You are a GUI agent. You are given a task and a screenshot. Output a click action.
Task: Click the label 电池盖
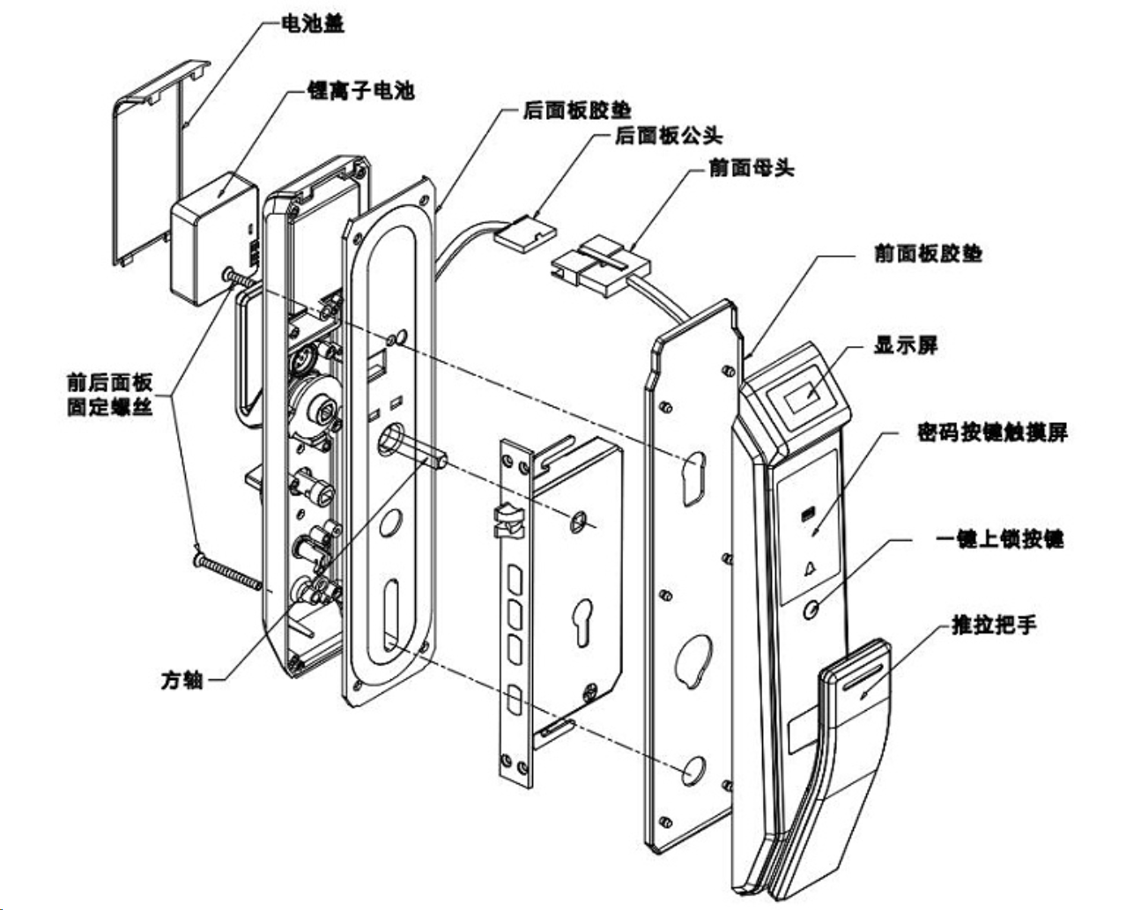(312, 24)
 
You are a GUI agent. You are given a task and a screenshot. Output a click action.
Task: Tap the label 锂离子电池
(361, 91)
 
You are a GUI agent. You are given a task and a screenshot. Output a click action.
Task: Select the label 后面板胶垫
(577, 110)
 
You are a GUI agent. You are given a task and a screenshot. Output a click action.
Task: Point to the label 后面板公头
(669, 136)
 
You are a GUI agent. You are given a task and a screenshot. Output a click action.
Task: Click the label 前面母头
(752, 168)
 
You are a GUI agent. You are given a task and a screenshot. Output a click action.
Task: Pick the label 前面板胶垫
(929, 254)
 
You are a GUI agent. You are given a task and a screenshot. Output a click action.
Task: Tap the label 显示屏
(906, 345)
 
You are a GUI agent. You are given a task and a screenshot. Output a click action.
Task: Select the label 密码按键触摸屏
(993, 433)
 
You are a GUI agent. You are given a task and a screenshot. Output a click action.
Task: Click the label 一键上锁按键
(1000, 539)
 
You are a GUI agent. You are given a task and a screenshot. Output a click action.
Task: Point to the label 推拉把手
(994, 625)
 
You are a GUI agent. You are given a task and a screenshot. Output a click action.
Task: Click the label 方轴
(182, 680)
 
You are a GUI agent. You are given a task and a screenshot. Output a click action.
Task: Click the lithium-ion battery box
(215, 239)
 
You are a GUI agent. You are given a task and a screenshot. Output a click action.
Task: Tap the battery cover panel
(160, 162)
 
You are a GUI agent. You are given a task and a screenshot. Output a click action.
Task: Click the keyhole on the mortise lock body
(583, 622)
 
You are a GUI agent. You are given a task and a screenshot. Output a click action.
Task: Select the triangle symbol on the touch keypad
(809, 569)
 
